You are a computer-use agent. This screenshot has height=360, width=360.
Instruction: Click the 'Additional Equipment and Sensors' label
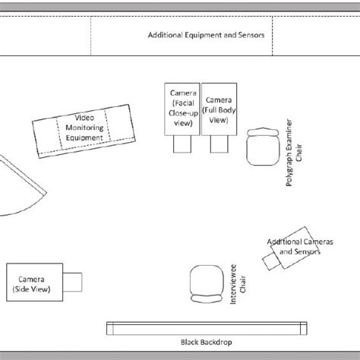[x=210, y=35]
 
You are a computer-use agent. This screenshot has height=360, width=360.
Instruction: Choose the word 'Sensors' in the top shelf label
[x=254, y=35]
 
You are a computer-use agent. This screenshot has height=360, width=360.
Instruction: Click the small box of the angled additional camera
[x=271, y=261]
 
